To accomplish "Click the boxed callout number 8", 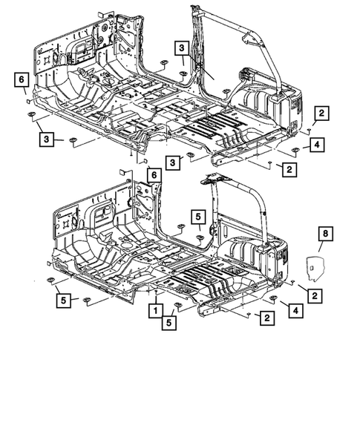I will coord(323,234).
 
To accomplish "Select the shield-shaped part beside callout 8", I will coord(316,265).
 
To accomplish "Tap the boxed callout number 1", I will coord(157,309).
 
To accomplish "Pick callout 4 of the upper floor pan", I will coord(316,145).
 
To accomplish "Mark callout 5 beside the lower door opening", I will coord(198,216).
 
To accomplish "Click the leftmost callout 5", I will coord(63,300).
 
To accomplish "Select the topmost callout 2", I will coord(321,113).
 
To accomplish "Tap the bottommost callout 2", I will coord(265,318).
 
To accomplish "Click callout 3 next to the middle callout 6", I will coord(172,162).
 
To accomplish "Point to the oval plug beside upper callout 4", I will coord(295,150).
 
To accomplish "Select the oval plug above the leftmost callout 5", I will coord(51,279).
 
